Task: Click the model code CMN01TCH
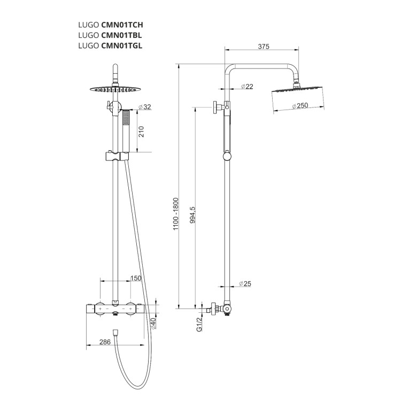pos(122,25)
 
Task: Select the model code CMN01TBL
pos(121,35)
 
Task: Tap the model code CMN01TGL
pos(122,45)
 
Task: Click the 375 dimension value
pos(264,47)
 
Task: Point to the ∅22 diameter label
pos(247,87)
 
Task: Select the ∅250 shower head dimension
pos(300,106)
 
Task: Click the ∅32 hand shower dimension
pos(145,107)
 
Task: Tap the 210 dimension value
pos(141,132)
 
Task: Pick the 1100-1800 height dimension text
pos(176,214)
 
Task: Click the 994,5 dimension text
pos(192,215)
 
